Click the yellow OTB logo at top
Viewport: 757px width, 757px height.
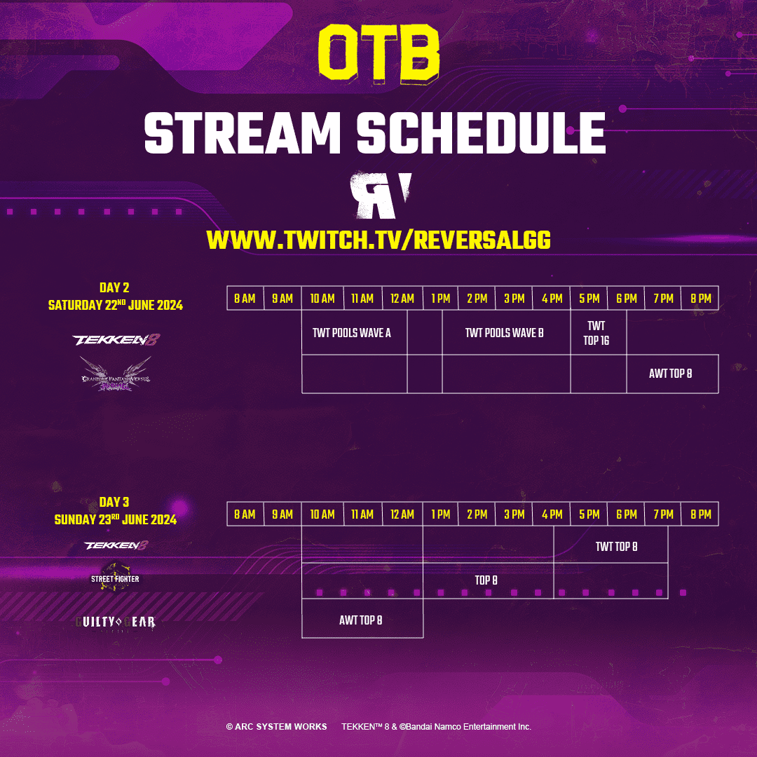[378, 53]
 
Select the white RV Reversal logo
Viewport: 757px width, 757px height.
[379, 196]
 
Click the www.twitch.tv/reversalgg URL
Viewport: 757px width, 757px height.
[378, 240]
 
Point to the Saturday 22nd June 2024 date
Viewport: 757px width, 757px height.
[115, 305]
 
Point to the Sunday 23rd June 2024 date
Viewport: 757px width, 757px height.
[115, 519]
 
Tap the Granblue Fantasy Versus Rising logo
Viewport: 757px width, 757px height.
[115, 373]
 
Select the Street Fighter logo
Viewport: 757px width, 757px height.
[115, 578]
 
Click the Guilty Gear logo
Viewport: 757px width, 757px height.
[115, 622]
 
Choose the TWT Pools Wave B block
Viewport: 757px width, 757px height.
[505, 333]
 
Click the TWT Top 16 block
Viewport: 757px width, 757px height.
[596, 334]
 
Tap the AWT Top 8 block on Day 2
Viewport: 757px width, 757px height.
[671, 374]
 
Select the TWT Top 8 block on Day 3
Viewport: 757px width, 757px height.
[617, 546]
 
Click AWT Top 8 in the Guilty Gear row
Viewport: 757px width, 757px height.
[361, 620]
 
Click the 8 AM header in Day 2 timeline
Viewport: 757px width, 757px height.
[245, 299]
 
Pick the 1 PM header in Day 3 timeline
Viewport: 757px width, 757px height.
[441, 514]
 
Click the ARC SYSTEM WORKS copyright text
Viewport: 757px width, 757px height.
[276, 727]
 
